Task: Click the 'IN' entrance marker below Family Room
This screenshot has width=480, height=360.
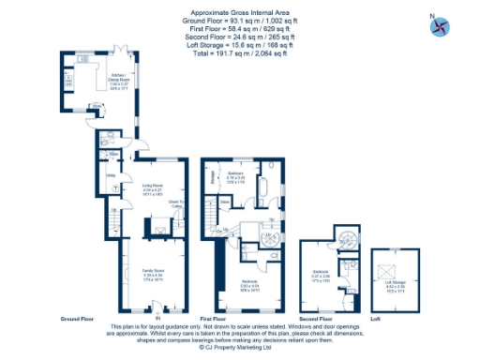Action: coord(157,304)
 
